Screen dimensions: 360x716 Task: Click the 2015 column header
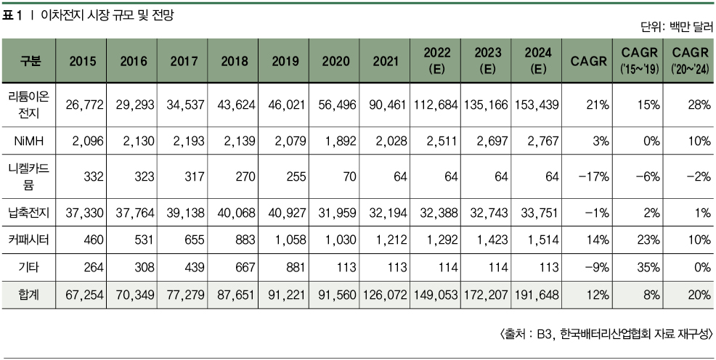pos(82,61)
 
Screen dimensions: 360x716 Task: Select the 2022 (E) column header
pos(438,61)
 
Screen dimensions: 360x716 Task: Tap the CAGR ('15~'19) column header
pos(640,61)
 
